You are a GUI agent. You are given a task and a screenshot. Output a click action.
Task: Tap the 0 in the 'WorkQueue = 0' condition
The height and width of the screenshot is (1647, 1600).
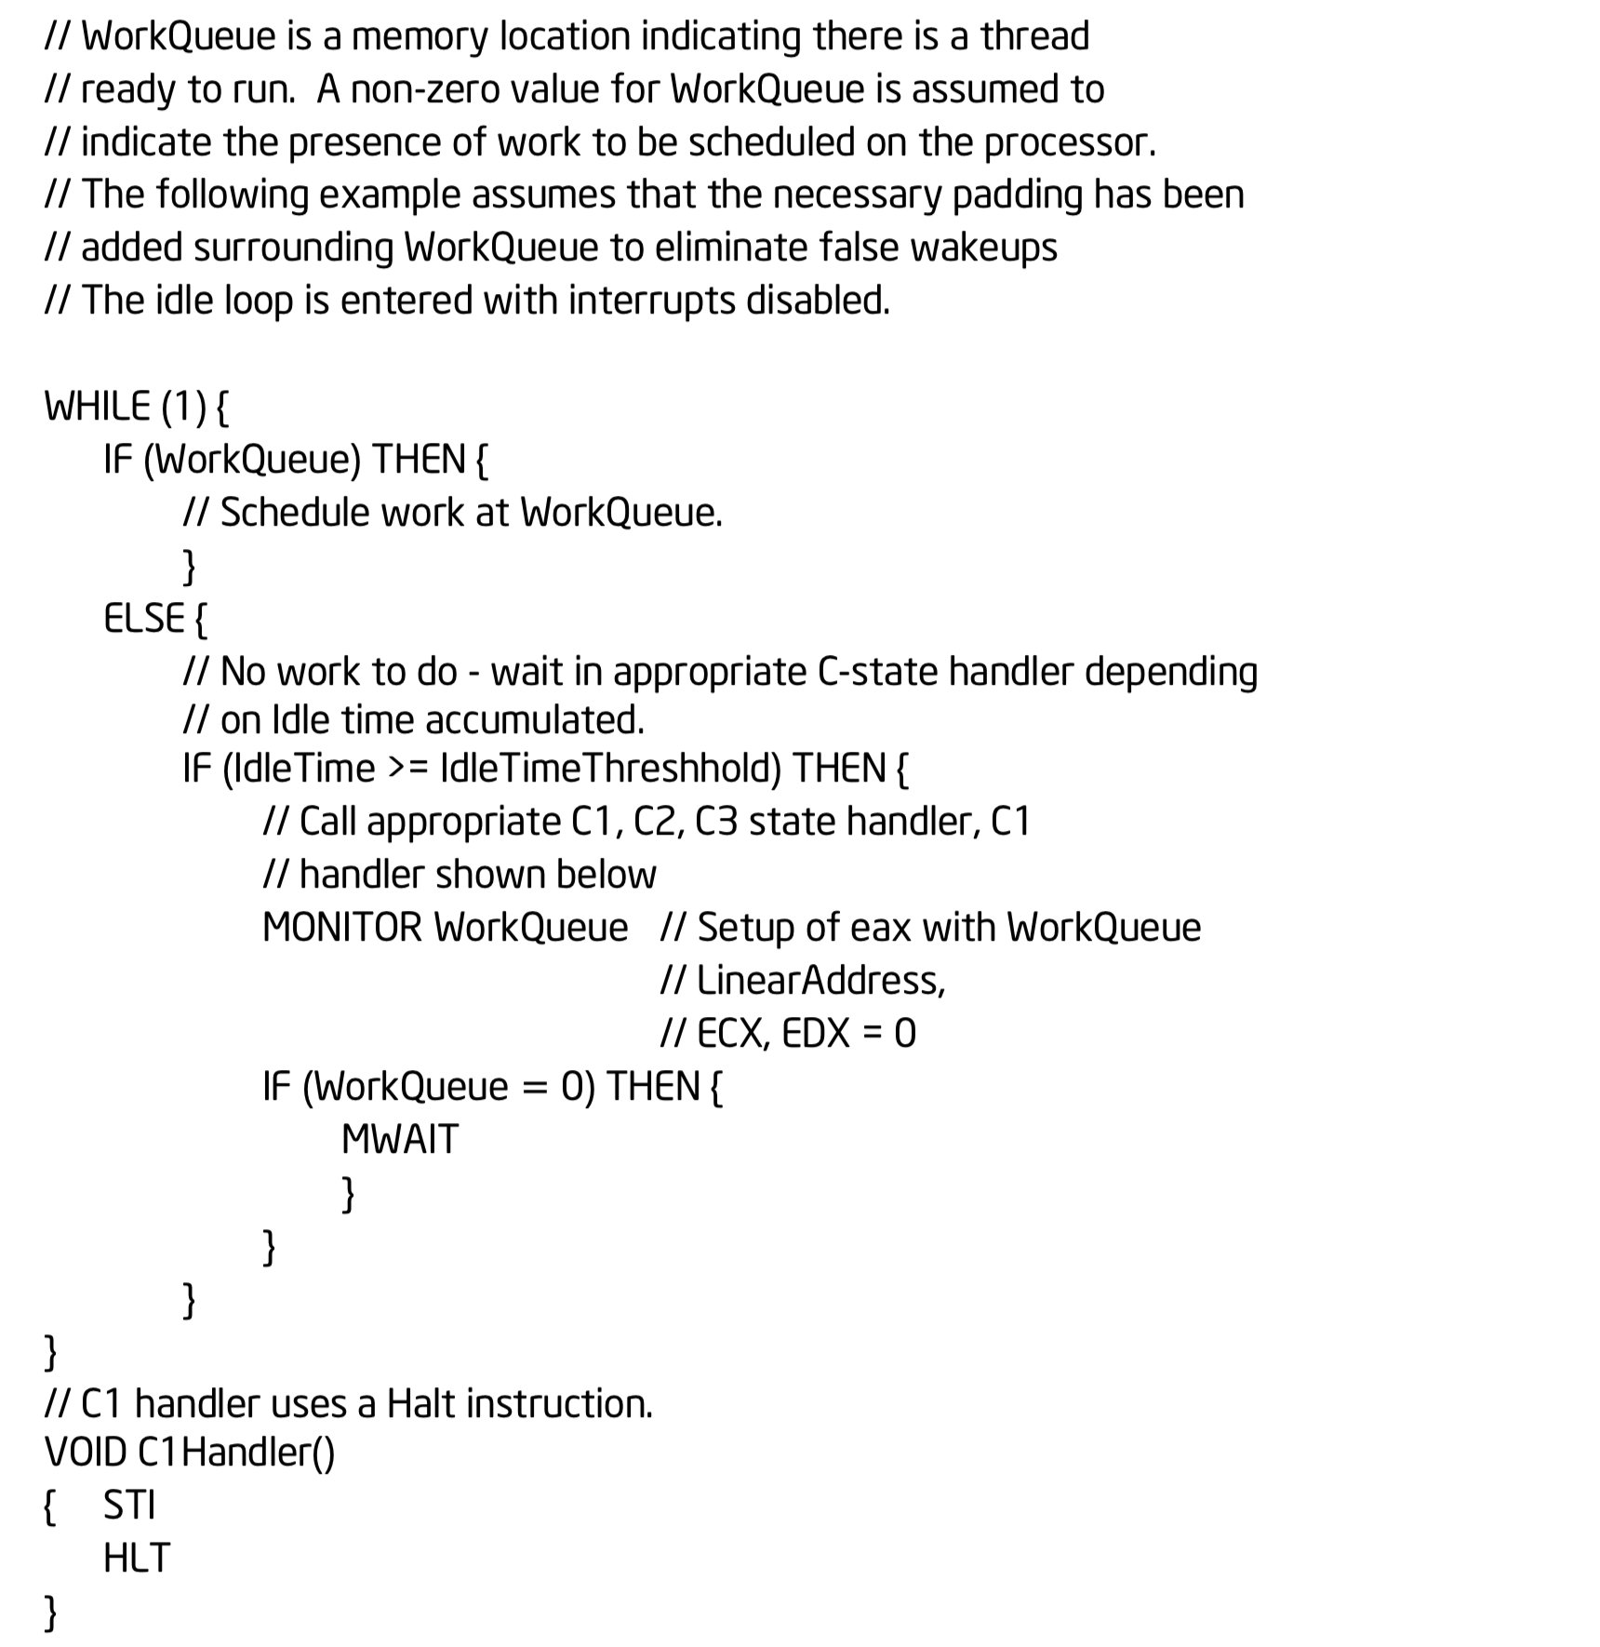point(573,1086)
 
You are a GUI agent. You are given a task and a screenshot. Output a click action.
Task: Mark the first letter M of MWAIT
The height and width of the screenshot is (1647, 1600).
point(357,1139)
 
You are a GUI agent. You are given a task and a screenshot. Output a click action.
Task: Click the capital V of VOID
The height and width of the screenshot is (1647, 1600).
point(55,1452)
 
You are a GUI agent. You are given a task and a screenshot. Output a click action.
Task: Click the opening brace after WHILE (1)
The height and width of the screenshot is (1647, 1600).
point(221,408)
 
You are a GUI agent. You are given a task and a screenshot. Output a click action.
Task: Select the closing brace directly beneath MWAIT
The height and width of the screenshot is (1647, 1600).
point(349,1194)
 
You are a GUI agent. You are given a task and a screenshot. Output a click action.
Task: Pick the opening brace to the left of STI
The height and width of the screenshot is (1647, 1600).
point(51,1506)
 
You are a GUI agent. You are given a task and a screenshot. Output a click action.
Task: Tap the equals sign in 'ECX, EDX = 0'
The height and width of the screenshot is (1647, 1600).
point(873,1034)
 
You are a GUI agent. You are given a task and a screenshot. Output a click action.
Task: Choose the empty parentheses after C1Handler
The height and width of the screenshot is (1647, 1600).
point(325,1453)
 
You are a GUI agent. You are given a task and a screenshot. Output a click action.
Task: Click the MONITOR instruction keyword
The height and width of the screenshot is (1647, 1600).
point(342,928)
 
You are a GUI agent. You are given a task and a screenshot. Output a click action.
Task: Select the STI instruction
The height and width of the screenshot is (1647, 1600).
point(129,1505)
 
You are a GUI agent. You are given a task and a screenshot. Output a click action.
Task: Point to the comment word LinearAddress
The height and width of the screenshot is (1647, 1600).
point(820,981)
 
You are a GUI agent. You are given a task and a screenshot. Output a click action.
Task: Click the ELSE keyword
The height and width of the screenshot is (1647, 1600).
point(144,618)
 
